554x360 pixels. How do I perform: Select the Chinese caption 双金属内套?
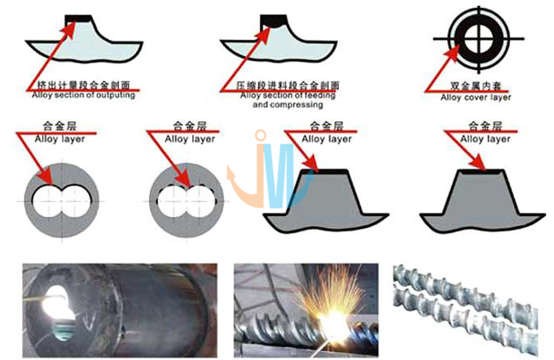point(474,86)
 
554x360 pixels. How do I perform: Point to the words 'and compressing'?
point(281,105)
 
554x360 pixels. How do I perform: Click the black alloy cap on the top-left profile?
point(81,16)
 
